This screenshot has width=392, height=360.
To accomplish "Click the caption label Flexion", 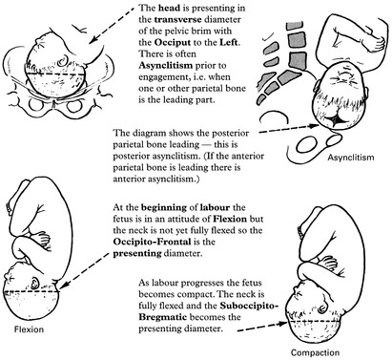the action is click(x=29, y=329).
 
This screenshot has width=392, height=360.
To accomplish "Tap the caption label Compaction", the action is click(x=315, y=352).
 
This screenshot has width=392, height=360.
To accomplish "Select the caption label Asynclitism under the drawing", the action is click(x=351, y=158).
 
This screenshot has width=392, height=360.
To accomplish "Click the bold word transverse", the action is click(x=177, y=19).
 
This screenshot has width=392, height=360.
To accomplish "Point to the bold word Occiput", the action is click(x=173, y=42).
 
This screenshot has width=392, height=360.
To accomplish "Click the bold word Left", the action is click(x=229, y=42).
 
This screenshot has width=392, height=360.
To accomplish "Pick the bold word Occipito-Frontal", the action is click(x=152, y=242).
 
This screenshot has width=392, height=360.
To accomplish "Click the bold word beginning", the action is click(x=164, y=207).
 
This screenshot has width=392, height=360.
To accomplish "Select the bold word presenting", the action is click(x=137, y=253).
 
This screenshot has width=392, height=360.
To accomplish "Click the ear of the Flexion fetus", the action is click(x=34, y=283).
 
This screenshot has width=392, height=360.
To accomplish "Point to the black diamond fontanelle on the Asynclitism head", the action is click(x=337, y=121).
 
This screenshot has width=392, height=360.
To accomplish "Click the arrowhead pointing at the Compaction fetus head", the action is click(x=283, y=324).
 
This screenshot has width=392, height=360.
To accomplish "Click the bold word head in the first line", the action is click(x=168, y=8).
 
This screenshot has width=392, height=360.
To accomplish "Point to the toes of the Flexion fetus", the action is click(x=9, y=206).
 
